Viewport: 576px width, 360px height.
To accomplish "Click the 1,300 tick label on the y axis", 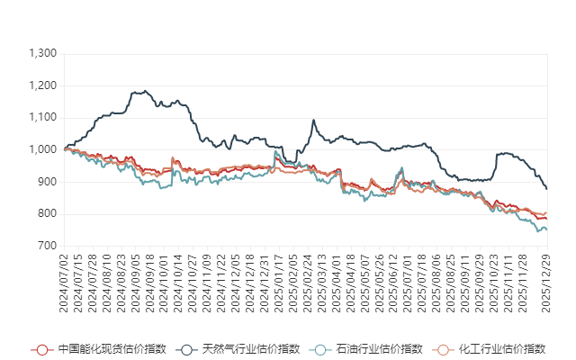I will [43, 54].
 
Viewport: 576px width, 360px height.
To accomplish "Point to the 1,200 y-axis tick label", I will [43, 85].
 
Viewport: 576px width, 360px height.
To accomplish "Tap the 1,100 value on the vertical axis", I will [43, 118].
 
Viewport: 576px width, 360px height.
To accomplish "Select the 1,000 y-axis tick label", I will [43, 149].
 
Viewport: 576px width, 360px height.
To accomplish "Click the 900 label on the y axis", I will [48, 182].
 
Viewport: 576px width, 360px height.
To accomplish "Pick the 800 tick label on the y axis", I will [48, 213].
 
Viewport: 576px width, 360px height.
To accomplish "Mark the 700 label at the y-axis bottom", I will [48, 246].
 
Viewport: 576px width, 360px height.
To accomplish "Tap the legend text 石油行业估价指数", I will [379, 349].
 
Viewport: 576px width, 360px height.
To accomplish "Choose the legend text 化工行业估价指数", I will [502, 349].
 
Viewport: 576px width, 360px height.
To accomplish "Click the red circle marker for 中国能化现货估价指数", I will [40, 349].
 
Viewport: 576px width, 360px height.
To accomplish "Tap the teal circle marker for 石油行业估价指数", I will [321, 349].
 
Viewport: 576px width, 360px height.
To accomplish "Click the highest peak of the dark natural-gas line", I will [139, 90].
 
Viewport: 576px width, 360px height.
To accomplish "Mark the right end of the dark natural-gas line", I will [547, 188].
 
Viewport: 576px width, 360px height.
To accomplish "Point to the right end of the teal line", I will [547, 230].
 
